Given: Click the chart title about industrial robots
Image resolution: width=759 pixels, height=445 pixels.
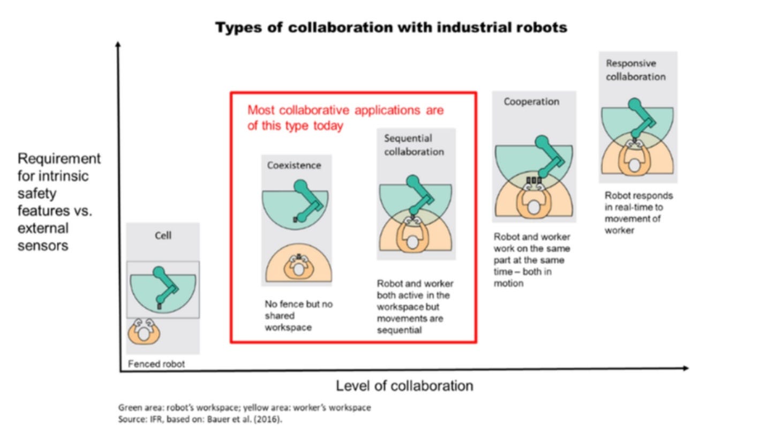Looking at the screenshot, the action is coord(391,27).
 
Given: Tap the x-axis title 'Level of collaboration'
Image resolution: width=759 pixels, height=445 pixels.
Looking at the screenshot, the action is coord(404,385).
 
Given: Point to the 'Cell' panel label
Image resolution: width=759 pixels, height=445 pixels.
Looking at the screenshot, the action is coord(163,235).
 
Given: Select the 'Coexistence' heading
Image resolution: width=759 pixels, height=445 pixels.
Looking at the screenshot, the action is coord(294,165).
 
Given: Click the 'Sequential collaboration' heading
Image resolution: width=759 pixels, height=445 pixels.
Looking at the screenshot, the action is coord(414,145).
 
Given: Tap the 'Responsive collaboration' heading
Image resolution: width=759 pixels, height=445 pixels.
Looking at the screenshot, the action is coord(635,70).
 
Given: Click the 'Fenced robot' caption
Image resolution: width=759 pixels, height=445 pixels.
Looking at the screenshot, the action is coord(156,364).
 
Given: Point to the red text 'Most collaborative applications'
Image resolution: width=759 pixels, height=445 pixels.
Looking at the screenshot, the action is coord(345,110).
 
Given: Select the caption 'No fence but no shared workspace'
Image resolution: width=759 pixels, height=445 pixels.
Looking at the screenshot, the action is coord(298,315).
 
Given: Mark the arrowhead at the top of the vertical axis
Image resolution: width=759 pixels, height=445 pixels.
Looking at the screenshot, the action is coord(118,44).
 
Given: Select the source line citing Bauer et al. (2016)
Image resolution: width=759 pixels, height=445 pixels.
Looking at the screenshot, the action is coord(200,419).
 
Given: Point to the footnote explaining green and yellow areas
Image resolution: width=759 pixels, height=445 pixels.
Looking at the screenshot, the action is coord(244,407).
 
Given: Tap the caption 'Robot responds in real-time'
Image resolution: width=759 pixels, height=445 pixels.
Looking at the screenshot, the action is coord(638,213).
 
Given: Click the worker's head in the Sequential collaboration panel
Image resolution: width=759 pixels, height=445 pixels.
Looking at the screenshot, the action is coord(412,242).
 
